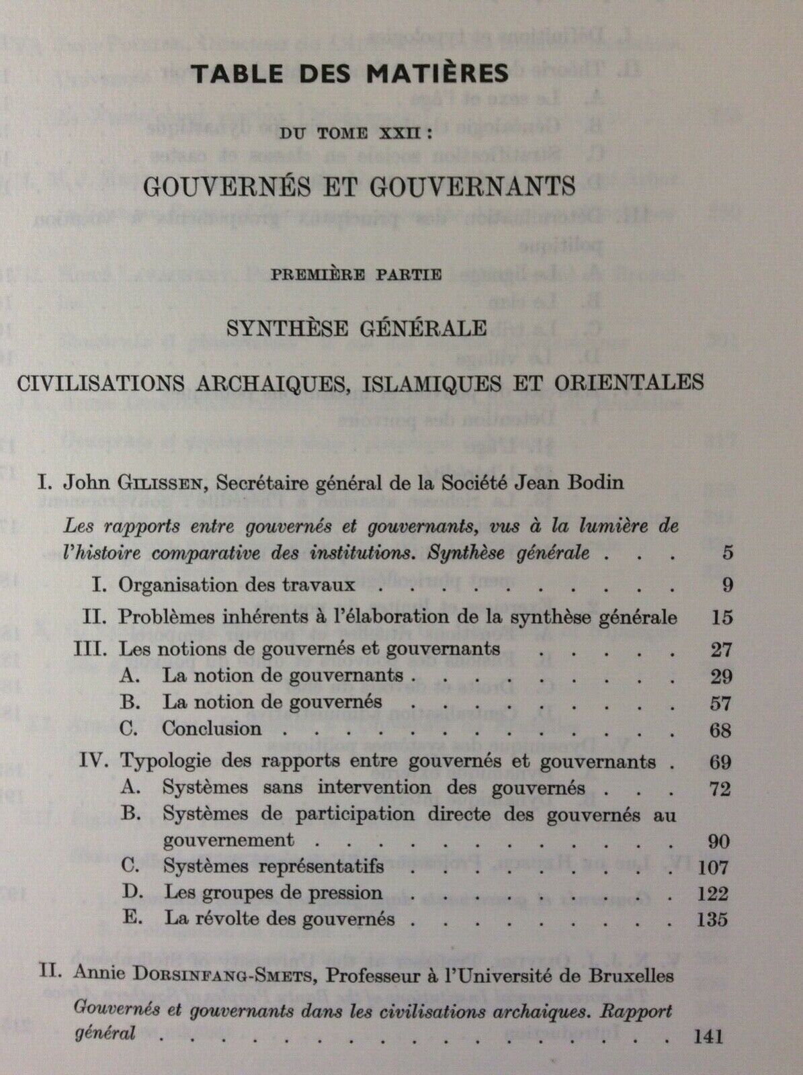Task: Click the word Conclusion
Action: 212,729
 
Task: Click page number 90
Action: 720,841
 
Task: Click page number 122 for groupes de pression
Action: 714,894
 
